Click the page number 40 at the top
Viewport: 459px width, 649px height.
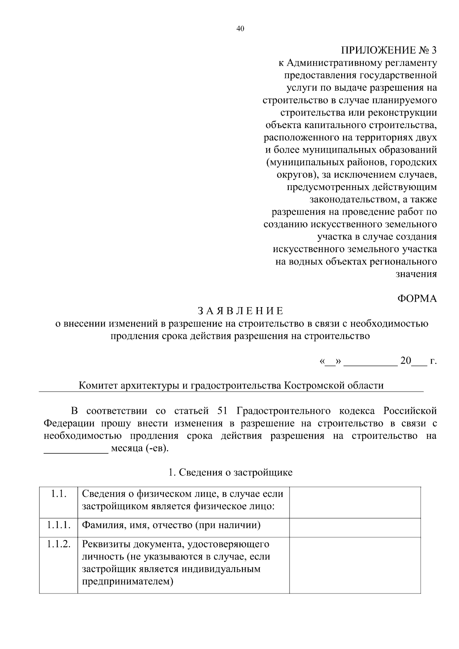pyautogui.click(x=240, y=29)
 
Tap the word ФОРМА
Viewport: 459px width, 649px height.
pyautogui.click(x=417, y=299)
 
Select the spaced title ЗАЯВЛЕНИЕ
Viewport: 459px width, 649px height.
pyautogui.click(x=241, y=311)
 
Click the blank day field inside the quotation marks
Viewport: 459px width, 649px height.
pyautogui.click(x=330, y=361)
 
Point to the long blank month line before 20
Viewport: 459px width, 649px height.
pyautogui.click(x=371, y=361)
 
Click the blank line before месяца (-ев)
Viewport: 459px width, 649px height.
pyautogui.click(x=76, y=449)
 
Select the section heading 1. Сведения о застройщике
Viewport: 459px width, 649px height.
pyautogui.click(x=230, y=472)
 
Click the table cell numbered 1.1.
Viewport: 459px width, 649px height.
pyautogui.click(x=59, y=494)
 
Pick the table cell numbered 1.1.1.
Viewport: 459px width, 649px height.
pyautogui.click(x=59, y=525)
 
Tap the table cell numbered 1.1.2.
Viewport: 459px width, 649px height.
pyautogui.click(x=59, y=544)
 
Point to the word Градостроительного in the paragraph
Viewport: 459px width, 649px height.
pyautogui.click(x=283, y=411)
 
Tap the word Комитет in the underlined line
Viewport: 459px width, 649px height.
pyautogui.click(x=98, y=385)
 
